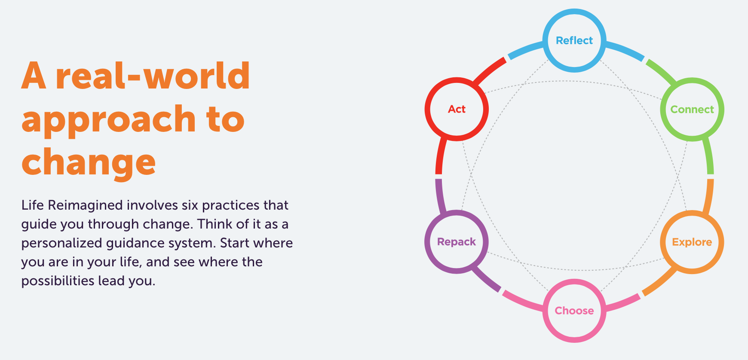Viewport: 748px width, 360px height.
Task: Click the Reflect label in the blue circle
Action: coord(574,40)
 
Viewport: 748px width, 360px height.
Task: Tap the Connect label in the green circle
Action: coord(692,110)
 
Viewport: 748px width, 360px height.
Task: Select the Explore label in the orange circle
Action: coord(692,242)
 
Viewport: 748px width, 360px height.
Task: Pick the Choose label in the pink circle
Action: coord(574,311)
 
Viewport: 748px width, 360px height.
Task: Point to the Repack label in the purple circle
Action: coord(457,242)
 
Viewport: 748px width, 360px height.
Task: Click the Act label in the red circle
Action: coord(457,109)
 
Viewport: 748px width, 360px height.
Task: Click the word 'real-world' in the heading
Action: coord(153,76)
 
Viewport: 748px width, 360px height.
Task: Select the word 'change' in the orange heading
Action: coord(89,162)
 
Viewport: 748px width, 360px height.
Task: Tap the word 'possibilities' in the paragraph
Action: coord(58,281)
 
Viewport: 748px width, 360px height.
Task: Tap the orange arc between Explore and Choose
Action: coord(659,282)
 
